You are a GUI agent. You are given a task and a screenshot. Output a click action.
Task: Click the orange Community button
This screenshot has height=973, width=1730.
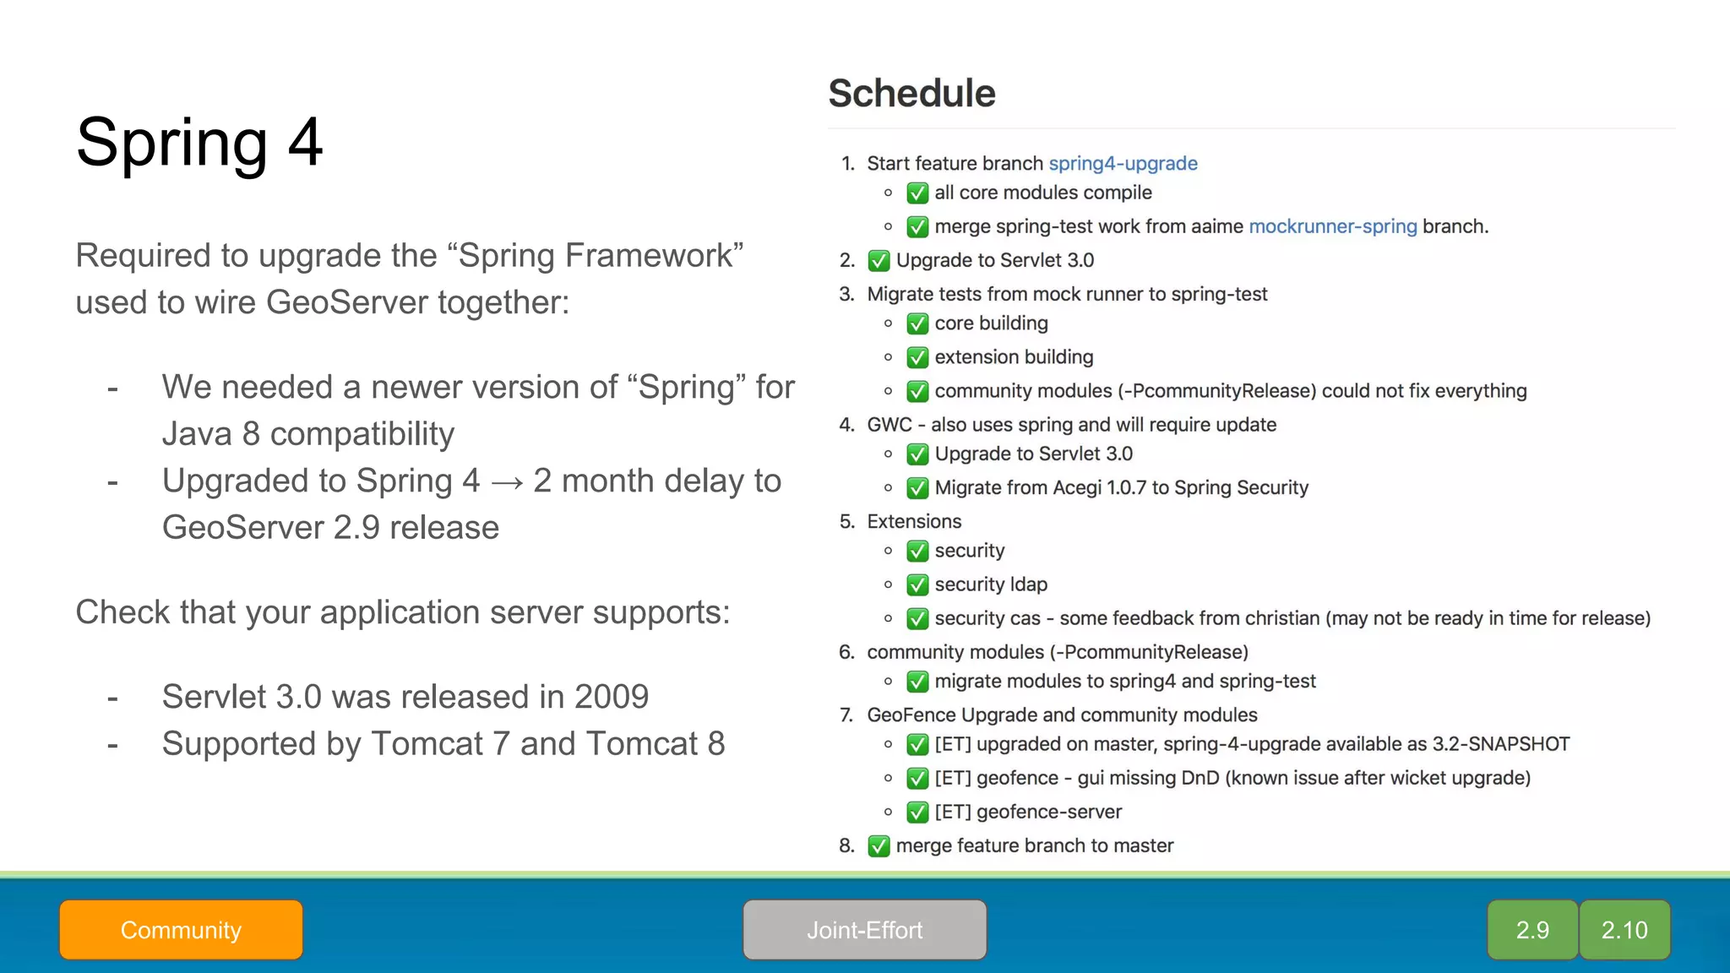(181, 930)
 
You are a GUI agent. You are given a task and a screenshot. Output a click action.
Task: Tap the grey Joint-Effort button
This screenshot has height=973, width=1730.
(864, 930)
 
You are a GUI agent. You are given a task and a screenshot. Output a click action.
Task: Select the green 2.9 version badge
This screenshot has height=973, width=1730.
(1531, 930)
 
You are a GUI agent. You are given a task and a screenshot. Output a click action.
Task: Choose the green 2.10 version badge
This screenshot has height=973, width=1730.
(1624, 930)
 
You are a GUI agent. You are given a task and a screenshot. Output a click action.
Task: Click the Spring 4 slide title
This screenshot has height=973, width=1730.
(199, 142)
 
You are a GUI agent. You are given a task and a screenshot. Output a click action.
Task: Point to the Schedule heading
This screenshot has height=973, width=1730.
(911, 93)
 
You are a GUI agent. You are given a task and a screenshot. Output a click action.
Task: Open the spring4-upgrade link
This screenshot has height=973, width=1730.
(1123, 163)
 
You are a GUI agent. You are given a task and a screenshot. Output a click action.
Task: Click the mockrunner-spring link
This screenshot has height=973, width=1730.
(1332, 226)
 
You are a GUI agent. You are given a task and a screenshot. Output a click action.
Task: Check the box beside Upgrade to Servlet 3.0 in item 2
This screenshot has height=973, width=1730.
(879, 261)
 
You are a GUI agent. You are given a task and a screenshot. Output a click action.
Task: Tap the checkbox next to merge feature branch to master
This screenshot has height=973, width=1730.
(879, 846)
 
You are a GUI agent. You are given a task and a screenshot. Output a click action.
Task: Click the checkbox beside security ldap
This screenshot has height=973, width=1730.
(917, 585)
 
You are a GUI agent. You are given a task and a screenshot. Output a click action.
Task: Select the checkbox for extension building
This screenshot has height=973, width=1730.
(917, 358)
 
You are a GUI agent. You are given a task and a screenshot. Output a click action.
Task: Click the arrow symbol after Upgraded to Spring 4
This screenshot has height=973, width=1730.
(507, 482)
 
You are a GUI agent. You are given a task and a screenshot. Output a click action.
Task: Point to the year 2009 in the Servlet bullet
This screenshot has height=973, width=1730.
(611, 697)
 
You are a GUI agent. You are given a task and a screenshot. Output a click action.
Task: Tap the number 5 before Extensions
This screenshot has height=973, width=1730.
(846, 522)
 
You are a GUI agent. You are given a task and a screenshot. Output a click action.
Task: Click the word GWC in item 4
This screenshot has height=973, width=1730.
(889, 425)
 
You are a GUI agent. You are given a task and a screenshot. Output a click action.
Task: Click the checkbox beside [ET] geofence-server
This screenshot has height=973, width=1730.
(917, 813)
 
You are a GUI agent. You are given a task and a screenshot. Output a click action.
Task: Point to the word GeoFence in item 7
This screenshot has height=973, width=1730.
(911, 715)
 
